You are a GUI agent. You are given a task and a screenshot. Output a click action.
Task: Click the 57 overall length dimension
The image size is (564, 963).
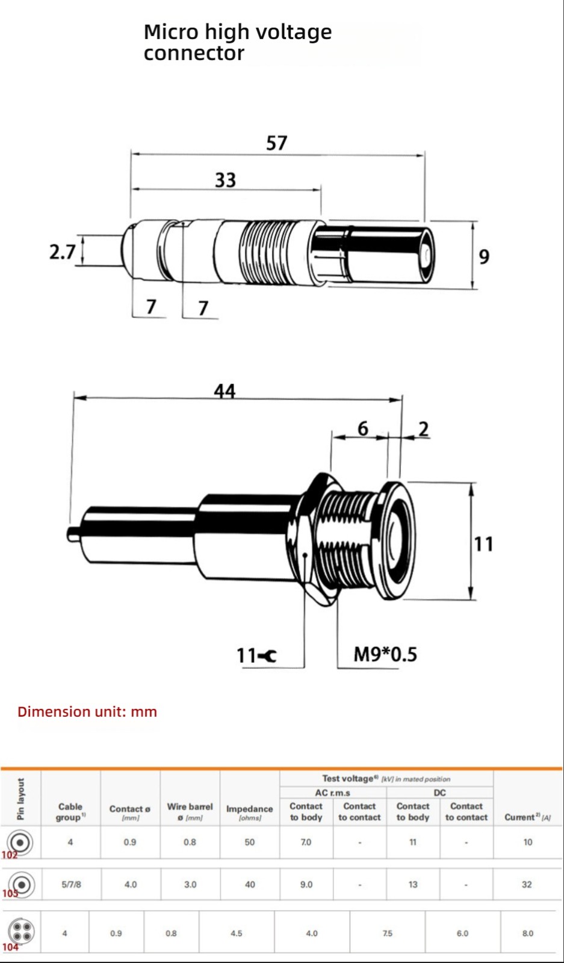click(276, 143)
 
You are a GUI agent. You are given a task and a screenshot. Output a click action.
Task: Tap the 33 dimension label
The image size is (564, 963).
click(226, 180)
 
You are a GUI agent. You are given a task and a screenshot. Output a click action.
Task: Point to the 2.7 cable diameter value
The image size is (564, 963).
click(63, 252)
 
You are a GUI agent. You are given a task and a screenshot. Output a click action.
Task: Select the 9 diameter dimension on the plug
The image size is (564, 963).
click(484, 256)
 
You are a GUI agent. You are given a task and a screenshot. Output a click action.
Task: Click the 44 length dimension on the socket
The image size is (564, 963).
click(225, 391)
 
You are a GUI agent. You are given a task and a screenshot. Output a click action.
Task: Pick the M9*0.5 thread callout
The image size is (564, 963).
click(385, 654)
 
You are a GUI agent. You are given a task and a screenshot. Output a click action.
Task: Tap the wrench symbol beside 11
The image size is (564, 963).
click(268, 656)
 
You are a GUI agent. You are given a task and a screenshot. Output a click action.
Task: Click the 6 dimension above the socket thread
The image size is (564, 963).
click(363, 429)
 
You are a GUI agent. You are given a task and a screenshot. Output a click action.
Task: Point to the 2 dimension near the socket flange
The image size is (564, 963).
click(423, 429)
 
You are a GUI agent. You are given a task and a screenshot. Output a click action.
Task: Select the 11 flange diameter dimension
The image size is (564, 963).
click(483, 544)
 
